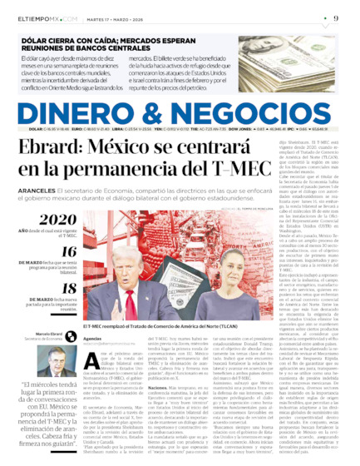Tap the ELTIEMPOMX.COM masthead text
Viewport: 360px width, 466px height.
[40, 18]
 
